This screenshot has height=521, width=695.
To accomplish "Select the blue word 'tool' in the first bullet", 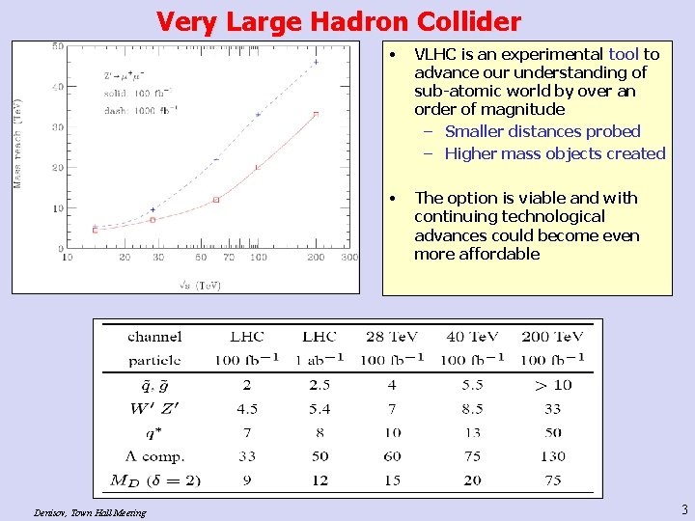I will pos(624,54).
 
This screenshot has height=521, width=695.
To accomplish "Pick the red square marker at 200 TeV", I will pos(316,114).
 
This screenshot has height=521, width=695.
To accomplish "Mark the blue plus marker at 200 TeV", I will pos(316,62).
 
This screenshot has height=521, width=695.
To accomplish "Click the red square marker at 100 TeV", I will pos(258,167).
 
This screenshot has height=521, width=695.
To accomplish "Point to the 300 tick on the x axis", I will pos(349,258).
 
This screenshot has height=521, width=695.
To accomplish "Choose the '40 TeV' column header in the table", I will pos(471,337).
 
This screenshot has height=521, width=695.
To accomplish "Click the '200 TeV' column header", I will pos(552,337).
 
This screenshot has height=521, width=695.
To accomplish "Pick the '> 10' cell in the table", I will pos(552,384).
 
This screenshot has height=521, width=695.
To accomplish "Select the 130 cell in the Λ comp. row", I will pos(552,456).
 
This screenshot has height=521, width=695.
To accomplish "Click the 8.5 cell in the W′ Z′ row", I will pos(471,408).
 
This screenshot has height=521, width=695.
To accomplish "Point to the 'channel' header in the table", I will pos(154,337).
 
